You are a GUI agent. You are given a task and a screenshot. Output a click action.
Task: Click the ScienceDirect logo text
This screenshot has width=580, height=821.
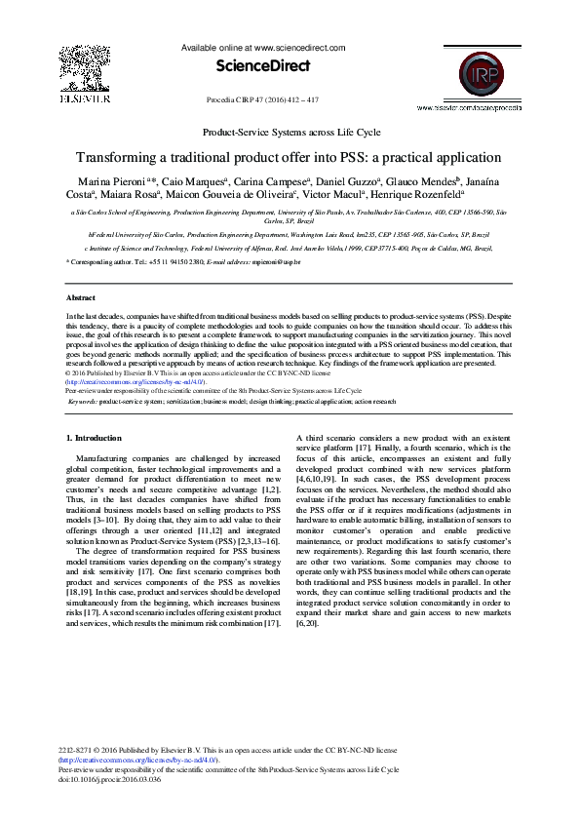[x=264, y=66]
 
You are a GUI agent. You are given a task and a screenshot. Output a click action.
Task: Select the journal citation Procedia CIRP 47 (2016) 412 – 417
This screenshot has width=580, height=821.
[x=263, y=98]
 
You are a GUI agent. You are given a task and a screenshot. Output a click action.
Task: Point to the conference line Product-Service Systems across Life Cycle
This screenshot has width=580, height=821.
[x=290, y=132]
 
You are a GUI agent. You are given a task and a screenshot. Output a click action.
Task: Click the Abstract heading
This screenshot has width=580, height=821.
[x=80, y=296]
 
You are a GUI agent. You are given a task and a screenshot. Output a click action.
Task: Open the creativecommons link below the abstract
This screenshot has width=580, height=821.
[x=135, y=382]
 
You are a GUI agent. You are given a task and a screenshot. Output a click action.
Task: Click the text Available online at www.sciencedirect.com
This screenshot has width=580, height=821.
[x=263, y=47]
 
